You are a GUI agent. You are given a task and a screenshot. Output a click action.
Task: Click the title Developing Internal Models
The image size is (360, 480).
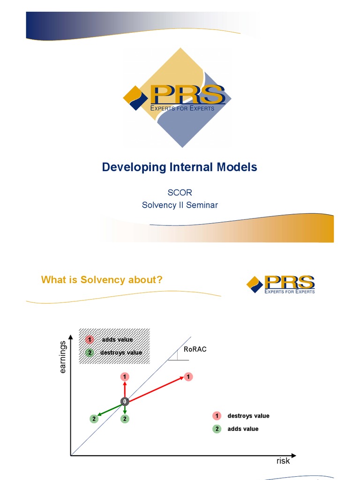point(180,167)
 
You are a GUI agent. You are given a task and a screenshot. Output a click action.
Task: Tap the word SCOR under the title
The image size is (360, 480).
point(180,193)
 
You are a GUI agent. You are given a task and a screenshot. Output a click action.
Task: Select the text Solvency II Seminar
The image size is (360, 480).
point(180,205)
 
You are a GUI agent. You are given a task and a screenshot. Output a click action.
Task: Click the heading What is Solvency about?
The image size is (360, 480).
point(102,280)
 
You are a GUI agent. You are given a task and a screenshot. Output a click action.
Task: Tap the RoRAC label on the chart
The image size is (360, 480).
point(195,349)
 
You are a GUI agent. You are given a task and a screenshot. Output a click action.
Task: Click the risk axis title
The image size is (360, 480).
point(283,461)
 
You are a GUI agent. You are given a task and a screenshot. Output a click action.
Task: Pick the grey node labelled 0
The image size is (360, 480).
point(125,401)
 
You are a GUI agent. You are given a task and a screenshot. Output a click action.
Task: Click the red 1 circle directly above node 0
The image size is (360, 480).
point(125,376)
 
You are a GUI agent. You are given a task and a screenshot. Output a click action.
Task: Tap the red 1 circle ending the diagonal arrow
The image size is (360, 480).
point(188,376)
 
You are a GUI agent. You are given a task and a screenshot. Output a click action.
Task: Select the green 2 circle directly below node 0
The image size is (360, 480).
point(125,419)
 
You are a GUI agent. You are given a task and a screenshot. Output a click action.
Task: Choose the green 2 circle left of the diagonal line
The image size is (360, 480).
point(94,419)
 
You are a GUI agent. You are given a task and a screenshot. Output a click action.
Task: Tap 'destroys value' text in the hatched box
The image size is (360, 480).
point(121,352)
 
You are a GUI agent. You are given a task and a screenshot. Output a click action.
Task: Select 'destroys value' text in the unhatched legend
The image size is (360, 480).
point(248,416)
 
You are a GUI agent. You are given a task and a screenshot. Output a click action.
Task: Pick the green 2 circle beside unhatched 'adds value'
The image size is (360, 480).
point(217,428)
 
